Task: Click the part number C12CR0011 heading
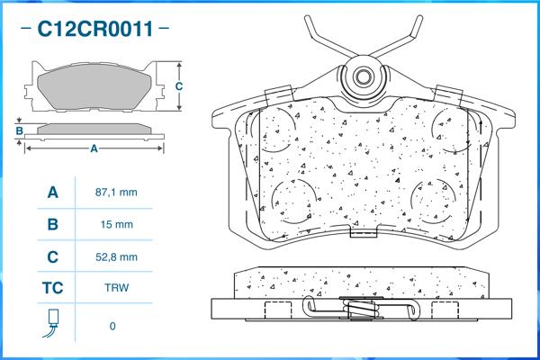95,29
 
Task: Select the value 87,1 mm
116,193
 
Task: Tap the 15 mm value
116,225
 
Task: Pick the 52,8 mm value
116,257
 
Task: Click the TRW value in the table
117,288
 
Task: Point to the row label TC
53,288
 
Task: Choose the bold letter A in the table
53,193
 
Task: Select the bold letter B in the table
53,225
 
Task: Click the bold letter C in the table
53,257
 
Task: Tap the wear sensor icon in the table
51,323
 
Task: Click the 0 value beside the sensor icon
112,326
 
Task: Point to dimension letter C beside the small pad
179,86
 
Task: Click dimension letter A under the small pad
94,148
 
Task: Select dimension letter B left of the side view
19,130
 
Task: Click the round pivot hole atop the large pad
363,76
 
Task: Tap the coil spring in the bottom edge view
362,309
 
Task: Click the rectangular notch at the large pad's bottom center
364,231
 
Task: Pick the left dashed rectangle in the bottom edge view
278,310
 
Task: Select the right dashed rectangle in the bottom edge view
445,310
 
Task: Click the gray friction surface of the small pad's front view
94,86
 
